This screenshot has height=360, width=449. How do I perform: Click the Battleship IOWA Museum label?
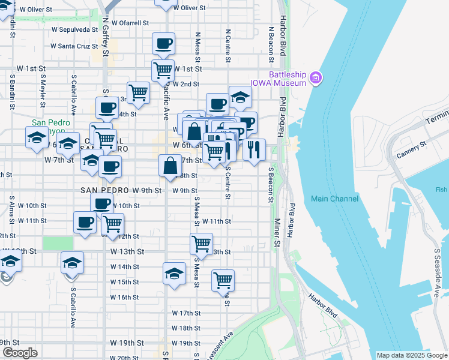[x=279, y=79]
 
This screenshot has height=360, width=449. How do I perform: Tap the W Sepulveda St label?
[x=74, y=29]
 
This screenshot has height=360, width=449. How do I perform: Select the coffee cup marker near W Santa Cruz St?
[x=163, y=44]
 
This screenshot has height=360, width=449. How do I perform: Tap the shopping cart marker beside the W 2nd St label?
[x=163, y=70]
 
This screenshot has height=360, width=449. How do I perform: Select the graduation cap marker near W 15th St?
[x=174, y=274]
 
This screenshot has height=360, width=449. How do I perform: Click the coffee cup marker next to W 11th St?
[x=85, y=222]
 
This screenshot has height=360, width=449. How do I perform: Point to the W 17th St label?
[x=185, y=313]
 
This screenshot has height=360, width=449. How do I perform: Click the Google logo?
[x=19, y=353]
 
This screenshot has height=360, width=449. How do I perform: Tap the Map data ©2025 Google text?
[x=412, y=355]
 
